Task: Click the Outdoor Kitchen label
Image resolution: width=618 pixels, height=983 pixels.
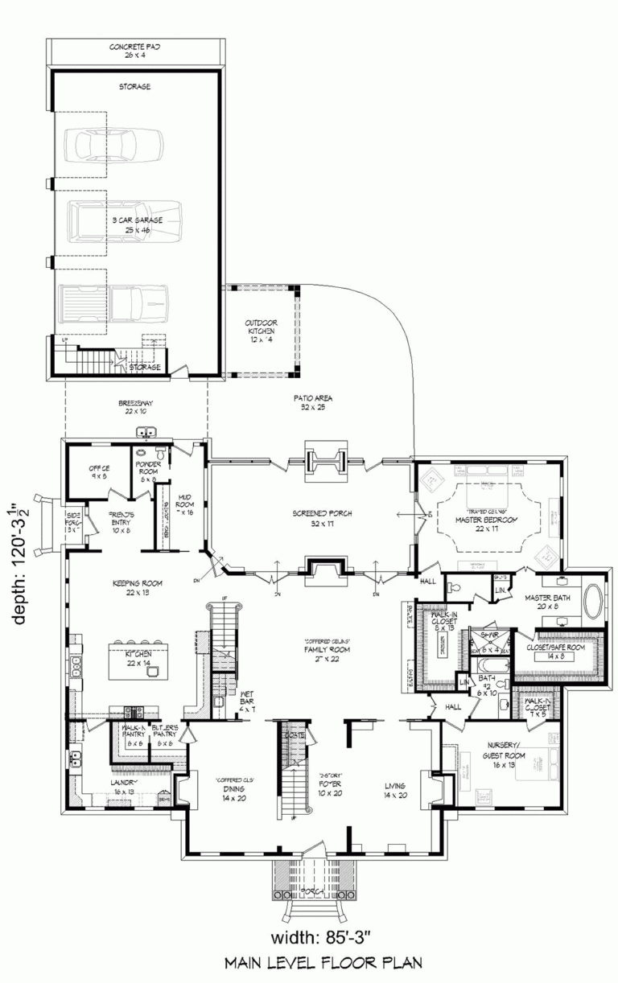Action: click(260, 331)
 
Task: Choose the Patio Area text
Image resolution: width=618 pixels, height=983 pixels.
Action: click(313, 402)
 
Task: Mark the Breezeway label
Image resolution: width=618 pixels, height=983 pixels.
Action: click(135, 407)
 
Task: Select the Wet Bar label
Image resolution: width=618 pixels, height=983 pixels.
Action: click(246, 705)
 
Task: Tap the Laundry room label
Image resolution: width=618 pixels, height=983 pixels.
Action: click(126, 786)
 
